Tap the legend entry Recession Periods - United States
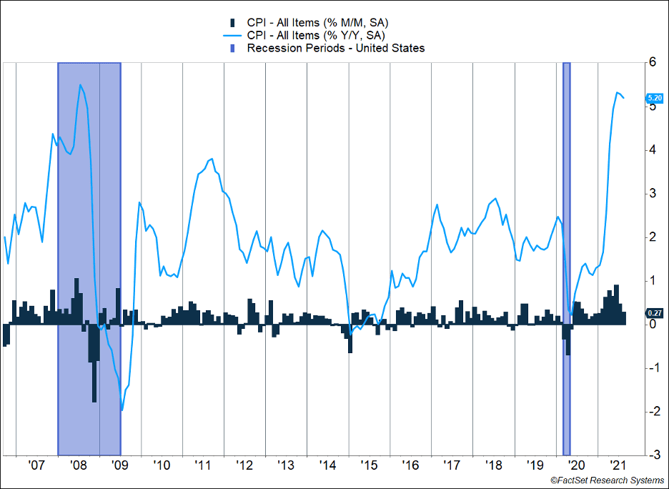[335, 49]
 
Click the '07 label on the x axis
[36, 465]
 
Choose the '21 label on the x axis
[618, 465]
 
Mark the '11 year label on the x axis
[203, 465]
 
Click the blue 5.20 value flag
[655, 98]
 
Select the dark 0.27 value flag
[655, 312]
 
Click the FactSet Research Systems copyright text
[608, 480]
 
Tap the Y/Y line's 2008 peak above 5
[80, 85]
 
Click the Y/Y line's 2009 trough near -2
[122, 410]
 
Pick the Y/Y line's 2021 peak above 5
[616, 92]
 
